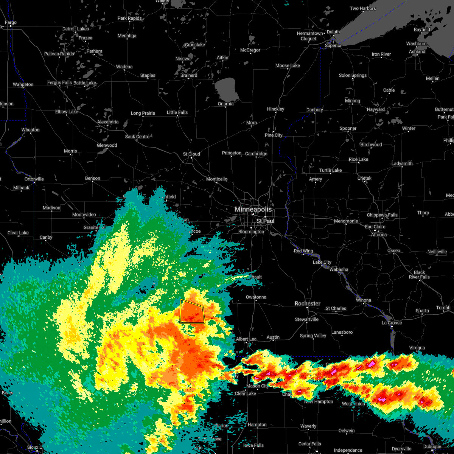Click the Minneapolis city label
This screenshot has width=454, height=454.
(x=253, y=209)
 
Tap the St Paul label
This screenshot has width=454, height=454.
(x=265, y=221)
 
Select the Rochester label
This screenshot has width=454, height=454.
(x=307, y=303)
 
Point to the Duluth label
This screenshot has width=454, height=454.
(x=333, y=32)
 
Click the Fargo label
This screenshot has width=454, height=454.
(x=11, y=23)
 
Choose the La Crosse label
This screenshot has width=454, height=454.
(x=392, y=323)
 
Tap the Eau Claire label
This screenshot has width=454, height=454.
(x=375, y=227)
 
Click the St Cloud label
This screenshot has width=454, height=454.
(x=191, y=154)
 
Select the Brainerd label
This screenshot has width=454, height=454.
(x=189, y=75)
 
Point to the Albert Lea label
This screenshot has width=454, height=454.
(x=246, y=339)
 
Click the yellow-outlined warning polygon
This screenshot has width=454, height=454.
(x=192, y=312)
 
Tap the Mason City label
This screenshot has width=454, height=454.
(x=257, y=386)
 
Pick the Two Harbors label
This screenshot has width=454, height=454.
(x=363, y=8)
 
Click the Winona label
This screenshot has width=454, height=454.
(x=363, y=300)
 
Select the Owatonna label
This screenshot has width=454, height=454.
(x=256, y=297)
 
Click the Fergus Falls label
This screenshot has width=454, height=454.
(x=59, y=83)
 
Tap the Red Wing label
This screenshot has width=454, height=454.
(x=303, y=251)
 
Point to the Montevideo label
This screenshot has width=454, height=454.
(x=84, y=215)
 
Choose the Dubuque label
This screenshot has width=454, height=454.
(x=432, y=447)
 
